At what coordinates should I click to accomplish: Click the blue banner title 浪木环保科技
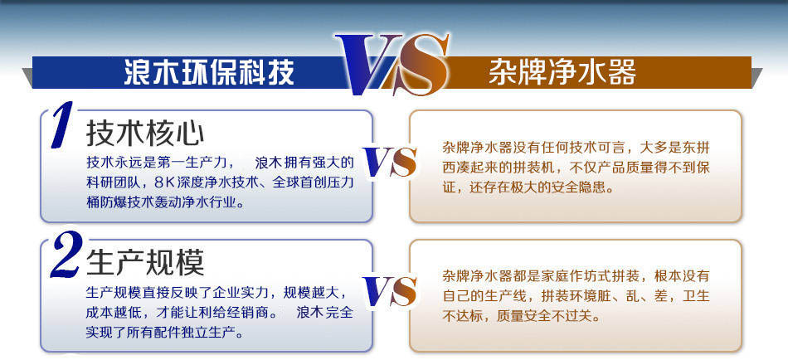coord(209,73)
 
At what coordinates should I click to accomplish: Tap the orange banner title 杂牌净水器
coord(562,73)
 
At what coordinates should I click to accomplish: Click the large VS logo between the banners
coord(393,64)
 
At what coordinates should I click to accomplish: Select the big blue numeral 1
coord(62,125)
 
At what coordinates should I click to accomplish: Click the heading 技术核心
coord(145,134)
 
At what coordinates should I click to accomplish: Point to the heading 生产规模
coord(145,262)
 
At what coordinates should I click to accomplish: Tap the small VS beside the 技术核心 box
coord(390,162)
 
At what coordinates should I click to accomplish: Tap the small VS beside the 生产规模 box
coord(390,291)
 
